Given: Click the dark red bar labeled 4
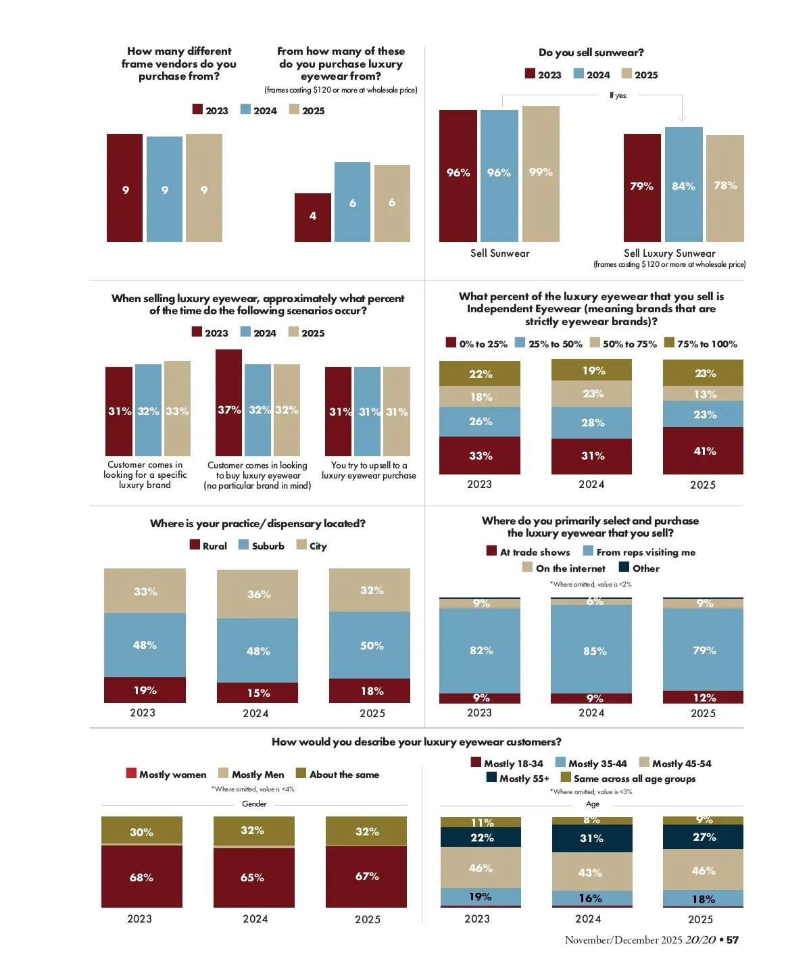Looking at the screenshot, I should tap(313, 217).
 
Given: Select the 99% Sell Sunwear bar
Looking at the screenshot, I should tap(541, 174).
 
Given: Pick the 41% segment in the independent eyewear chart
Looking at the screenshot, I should tap(703, 451).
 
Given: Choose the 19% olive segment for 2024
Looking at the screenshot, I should tap(592, 370).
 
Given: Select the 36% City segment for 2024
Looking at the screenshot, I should tap(257, 594).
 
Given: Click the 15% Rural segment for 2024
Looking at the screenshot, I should tap(257, 693).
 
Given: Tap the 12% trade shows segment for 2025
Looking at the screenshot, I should tap(703, 697).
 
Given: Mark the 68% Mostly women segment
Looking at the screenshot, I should tap(142, 877).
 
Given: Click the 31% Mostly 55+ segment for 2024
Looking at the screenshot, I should tap(592, 838).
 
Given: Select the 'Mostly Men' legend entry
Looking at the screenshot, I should tap(251, 775).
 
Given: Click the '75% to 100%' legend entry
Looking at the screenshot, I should tap(700, 344).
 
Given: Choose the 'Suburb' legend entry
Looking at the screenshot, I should tap(262, 546).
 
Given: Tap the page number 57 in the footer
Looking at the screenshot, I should tap(733, 940).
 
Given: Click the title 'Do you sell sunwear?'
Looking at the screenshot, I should tap(591, 53).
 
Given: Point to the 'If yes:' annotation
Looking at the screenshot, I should tap(618, 95).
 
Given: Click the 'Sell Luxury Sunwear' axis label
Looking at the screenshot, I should tap(669, 253).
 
